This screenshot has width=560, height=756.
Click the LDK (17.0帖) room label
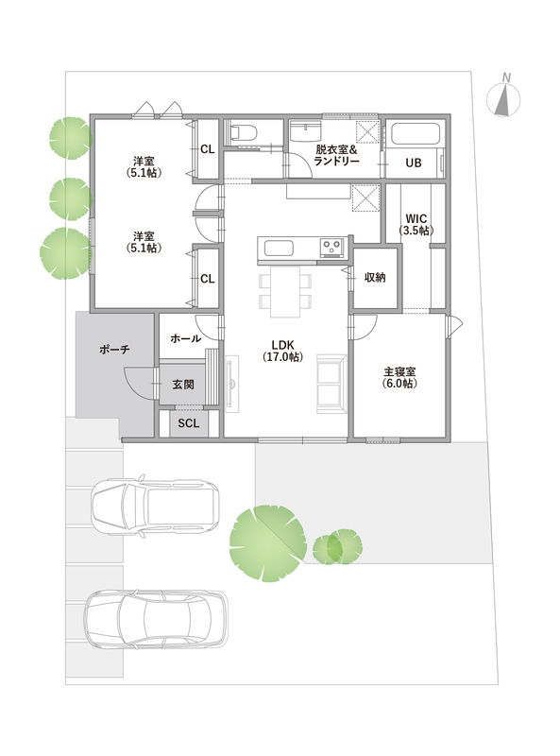tap(283, 351)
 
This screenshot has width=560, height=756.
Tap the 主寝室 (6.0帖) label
tap(399, 377)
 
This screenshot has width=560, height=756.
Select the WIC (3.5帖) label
tap(416, 225)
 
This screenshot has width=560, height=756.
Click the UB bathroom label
tap(414, 163)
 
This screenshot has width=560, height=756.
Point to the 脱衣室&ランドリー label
tap(336, 155)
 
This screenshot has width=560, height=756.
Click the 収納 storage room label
tap(375, 278)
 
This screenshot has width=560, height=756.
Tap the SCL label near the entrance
tap(189, 423)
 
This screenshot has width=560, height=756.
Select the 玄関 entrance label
tap(183, 385)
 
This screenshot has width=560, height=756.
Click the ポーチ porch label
tap(114, 349)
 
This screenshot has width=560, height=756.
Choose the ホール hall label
tap(185, 338)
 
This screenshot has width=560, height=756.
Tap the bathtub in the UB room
tap(415, 133)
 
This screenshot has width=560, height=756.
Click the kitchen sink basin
tap(279, 249)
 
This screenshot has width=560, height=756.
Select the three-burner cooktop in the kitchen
tap(332, 248)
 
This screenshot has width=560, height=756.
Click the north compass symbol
tap(503, 98)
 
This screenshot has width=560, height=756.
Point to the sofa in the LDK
tap(331, 384)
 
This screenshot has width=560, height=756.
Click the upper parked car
tap(155, 507)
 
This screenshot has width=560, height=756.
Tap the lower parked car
tap(156, 620)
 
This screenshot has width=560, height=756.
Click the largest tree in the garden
tap(268, 543)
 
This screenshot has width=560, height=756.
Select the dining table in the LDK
tap(285, 292)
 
